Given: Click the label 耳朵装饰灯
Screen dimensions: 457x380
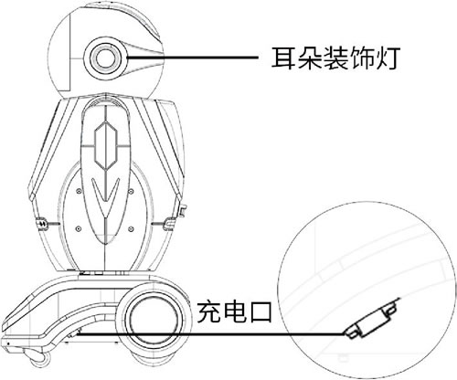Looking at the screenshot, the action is click(x=335, y=58).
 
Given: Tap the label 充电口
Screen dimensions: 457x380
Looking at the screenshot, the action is click(x=234, y=311).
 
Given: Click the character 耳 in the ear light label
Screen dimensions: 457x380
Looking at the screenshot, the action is click(x=283, y=58).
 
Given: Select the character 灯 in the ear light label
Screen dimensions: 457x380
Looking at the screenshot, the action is click(x=387, y=58).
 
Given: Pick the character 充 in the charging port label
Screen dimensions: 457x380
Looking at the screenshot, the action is click(x=209, y=311).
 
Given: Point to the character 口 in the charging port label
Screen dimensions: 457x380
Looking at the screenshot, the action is click(x=260, y=312).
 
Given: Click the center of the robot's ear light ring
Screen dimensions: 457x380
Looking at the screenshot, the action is click(x=105, y=58).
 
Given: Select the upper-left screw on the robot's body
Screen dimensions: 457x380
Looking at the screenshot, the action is click(x=80, y=191).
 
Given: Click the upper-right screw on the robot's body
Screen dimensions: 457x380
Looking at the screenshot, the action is click(x=131, y=191).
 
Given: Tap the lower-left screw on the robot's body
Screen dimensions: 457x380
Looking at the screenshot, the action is click(x=79, y=228).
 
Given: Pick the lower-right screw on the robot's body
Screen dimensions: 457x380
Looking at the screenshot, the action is click(x=131, y=228).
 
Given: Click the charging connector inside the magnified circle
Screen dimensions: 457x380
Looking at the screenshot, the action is click(x=371, y=320).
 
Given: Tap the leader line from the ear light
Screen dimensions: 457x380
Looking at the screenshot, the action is click(x=193, y=57).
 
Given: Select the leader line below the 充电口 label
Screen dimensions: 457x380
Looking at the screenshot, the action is click(x=210, y=334).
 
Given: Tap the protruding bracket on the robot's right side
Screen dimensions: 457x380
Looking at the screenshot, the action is click(x=182, y=211).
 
